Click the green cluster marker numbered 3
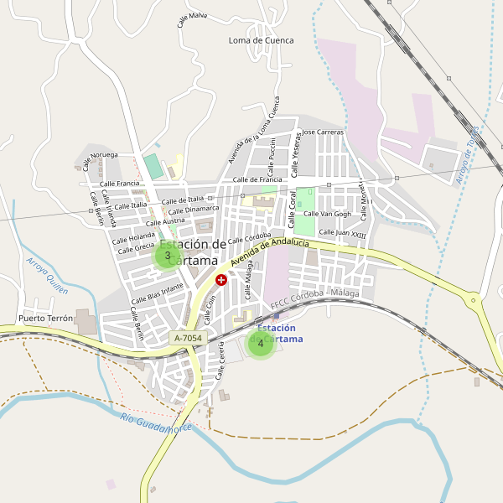pos(168,256)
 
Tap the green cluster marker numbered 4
pos(261,343)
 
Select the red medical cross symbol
pos(221,279)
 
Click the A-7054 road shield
pos(187,337)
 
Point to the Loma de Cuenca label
pos(262,40)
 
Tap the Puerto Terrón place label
pos(46,319)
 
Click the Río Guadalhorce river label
pos(156,423)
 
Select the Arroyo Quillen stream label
pos(47,275)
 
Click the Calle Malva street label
pos(192,19)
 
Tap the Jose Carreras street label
pos(323,132)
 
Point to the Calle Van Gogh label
pos(327,214)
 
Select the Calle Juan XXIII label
pos(342,233)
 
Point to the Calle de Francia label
pos(257,179)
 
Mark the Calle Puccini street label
pos(272,154)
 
